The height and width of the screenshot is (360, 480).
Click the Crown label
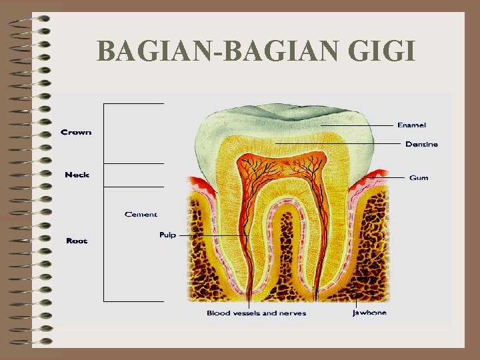(76, 132)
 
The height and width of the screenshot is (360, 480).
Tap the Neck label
(77, 175)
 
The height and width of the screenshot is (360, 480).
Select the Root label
(77, 241)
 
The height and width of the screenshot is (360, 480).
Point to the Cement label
(141, 214)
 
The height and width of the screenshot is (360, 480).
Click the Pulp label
(167, 235)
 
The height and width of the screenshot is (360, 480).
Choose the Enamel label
(411, 125)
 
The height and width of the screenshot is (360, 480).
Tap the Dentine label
(421, 144)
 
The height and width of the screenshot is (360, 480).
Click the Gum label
(419, 178)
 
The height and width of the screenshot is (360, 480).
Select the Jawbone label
(369, 312)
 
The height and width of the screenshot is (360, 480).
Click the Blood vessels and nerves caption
(256, 313)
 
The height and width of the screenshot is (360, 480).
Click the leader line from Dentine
(340, 144)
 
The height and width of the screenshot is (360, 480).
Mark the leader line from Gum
(393, 178)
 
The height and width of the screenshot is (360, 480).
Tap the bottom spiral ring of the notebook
(33, 341)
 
